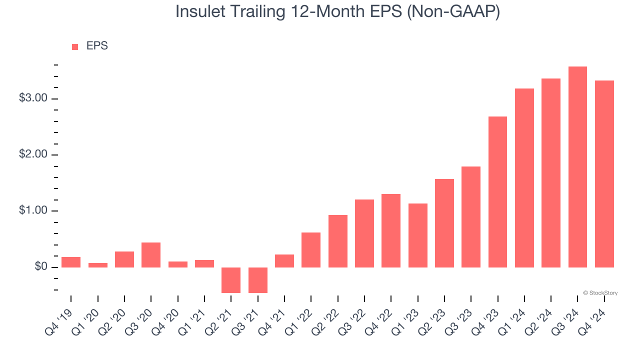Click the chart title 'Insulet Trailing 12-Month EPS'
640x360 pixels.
point(337,12)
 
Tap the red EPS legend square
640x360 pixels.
point(75,46)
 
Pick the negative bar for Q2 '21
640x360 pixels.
point(231,280)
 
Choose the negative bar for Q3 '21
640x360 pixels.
point(257,280)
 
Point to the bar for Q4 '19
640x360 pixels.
point(71,262)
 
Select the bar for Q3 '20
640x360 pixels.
point(151,254)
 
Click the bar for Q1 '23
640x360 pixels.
point(417,235)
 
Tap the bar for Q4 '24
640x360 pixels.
point(604,173)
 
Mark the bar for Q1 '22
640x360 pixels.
point(311,249)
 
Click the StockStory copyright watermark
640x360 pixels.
point(600,293)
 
